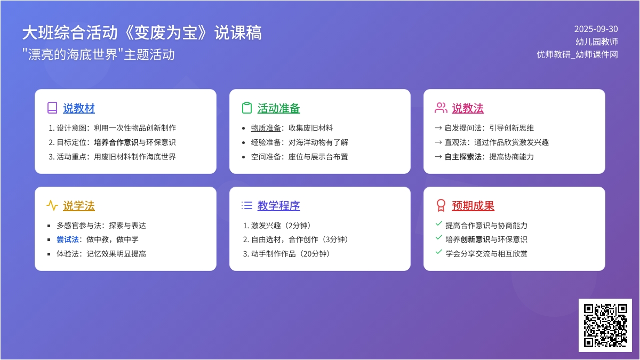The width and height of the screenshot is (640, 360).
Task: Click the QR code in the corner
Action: pos(605,325)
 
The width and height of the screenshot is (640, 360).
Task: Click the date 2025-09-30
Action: pos(596,29)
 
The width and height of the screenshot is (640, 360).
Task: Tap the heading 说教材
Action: pos(79,108)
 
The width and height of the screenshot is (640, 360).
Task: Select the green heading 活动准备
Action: pos(278,108)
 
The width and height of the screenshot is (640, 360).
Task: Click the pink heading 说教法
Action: pos(468,108)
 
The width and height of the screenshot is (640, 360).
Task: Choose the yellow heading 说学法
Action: pos(79,206)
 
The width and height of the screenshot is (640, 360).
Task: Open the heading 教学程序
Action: pos(278,206)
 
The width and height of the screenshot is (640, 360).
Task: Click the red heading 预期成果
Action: pos(473,206)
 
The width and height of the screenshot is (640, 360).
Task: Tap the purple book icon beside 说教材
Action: pos(52,108)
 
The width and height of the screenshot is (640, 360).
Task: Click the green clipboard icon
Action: pos(247,108)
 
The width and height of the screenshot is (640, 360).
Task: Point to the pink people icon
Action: pos(441,108)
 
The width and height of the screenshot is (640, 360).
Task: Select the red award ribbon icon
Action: pos(441,205)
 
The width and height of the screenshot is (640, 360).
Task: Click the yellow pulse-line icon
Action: pos(52,205)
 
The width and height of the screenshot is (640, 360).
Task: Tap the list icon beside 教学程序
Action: pos(247,205)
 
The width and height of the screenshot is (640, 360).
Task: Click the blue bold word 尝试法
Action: pos(67,239)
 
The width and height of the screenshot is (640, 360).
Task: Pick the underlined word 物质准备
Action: pos(266,128)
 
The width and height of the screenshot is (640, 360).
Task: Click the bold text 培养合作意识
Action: pos(116,142)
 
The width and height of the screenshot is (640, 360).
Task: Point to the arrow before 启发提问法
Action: pos(438,128)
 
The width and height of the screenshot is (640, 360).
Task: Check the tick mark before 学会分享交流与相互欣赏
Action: pos(439,252)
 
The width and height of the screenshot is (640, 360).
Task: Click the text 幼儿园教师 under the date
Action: pos(597,42)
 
